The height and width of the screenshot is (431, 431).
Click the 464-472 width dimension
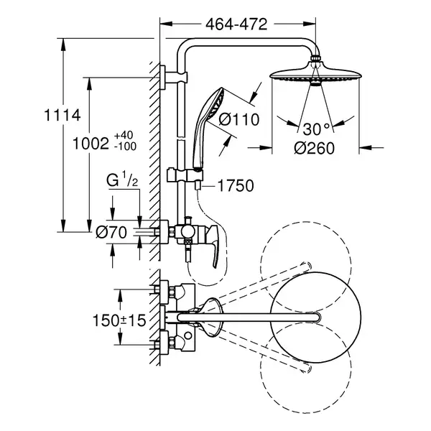coord(236,24)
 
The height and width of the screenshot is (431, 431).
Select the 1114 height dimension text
coord(62,115)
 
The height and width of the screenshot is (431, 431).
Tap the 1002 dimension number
coord(91,144)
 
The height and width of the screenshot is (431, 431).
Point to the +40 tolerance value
coord(124,135)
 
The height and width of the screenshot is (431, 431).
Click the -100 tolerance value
coord(125,147)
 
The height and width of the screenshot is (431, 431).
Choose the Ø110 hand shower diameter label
coord(239,119)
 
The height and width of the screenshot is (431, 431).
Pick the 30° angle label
coord(316,129)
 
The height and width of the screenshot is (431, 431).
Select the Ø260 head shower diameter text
coord(314,148)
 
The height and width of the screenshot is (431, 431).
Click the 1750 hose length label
coord(236,186)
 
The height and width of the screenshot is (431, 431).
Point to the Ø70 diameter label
coord(111,233)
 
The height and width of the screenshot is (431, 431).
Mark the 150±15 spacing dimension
coord(119,320)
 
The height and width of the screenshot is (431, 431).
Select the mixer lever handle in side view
coord(213,246)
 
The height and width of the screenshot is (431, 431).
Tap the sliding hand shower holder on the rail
coord(185,175)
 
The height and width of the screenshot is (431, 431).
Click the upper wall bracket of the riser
coord(174,78)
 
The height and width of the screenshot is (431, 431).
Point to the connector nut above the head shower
coord(315,59)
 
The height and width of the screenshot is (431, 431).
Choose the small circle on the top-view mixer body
coord(188,335)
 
